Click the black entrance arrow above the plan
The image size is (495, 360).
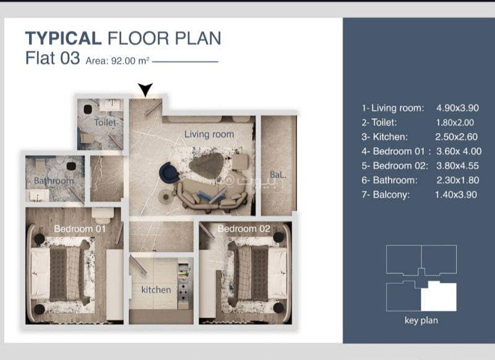click(x=145, y=89)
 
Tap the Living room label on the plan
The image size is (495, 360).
click(x=209, y=134)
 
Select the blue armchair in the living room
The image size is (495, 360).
click(x=169, y=173)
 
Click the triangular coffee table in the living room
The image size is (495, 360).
click(x=207, y=165)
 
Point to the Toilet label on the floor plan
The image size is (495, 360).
click(x=105, y=122)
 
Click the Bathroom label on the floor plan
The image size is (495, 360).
click(x=54, y=181)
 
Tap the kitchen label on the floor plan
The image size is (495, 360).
click(x=156, y=289)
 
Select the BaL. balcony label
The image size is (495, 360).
click(x=278, y=174)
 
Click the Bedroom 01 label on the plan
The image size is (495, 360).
click(x=80, y=229)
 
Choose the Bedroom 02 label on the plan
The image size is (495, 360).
click(x=244, y=229)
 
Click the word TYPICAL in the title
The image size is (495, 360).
click(x=64, y=38)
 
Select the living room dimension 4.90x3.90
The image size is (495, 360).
click(x=457, y=108)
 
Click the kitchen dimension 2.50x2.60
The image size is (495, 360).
click(x=456, y=137)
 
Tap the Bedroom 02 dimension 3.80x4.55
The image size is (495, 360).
click(x=457, y=166)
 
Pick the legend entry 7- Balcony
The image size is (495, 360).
click(x=385, y=194)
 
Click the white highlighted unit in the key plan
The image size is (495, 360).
click(x=439, y=297)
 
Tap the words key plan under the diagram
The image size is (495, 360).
click(x=421, y=320)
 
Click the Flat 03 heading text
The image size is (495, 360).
click(x=53, y=58)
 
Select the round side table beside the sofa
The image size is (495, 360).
click(x=166, y=197)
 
